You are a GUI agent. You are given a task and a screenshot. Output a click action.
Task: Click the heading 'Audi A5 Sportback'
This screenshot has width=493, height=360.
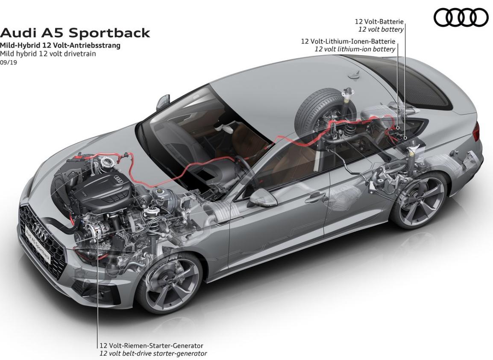pyautogui.click(x=75, y=33)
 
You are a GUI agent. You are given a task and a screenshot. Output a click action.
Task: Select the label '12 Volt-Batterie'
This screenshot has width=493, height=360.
pyautogui.click(x=379, y=21)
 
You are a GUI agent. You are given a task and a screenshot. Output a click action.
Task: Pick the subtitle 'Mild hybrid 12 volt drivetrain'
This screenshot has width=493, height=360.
pyautogui.click(x=48, y=54)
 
